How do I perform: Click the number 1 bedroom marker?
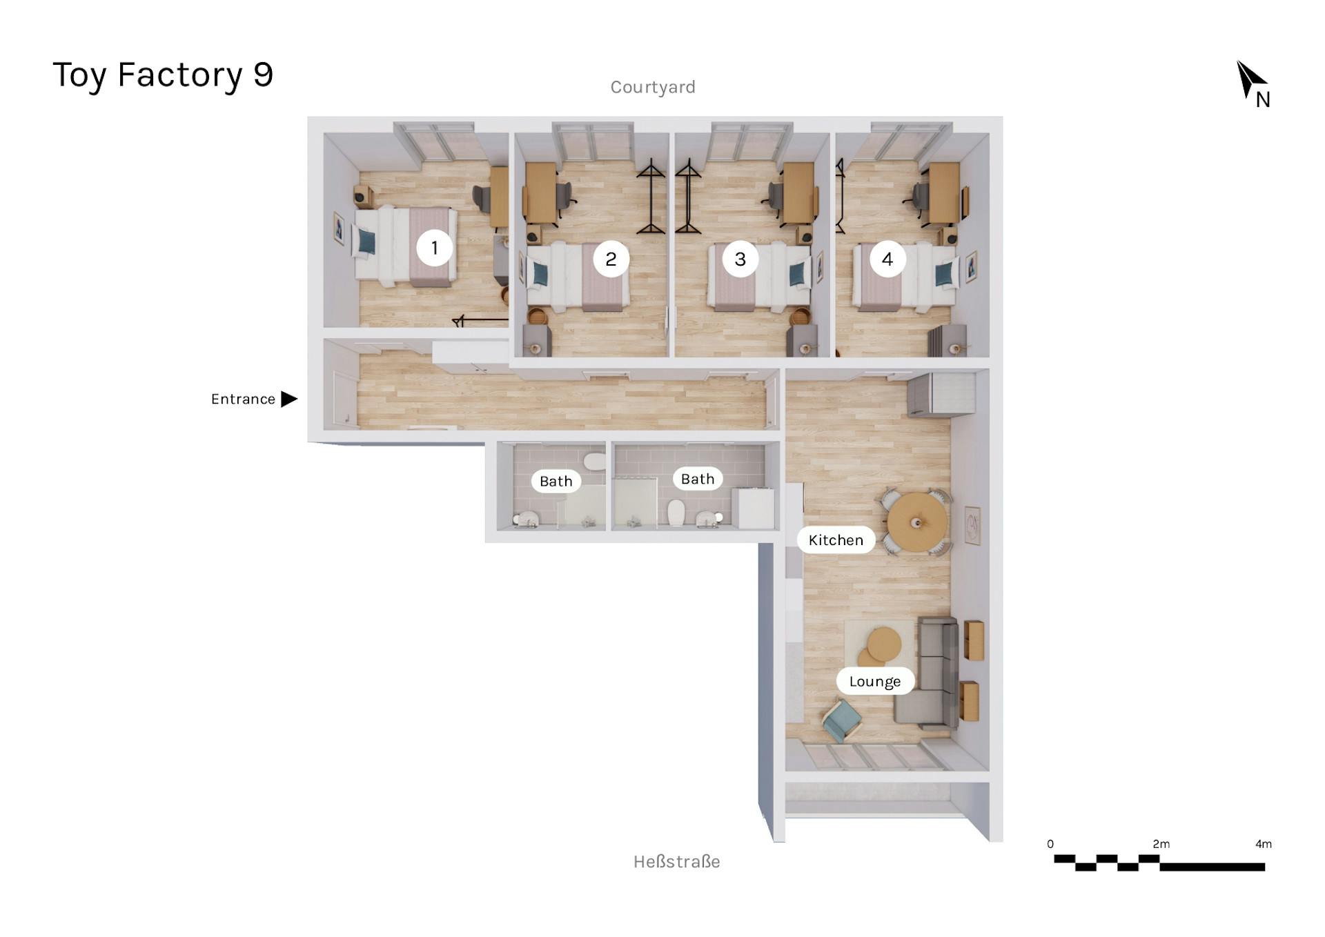pos(434,248)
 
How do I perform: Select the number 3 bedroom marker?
pos(740,259)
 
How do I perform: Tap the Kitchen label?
pos(836,540)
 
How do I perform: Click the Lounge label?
pos(874,682)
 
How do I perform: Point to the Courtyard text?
pos(652,88)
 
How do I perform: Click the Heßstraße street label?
pos(676,862)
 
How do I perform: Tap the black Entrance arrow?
pos(289,399)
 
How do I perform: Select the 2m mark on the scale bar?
pos(1161,845)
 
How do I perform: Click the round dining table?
pos(917,522)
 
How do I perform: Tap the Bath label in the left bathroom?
pos(556,482)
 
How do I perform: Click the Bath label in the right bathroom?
pos(697,479)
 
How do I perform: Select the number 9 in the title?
pos(263,75)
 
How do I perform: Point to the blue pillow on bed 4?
pos(943,275)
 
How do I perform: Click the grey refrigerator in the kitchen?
pos(941,394)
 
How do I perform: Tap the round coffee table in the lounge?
pos(883,644)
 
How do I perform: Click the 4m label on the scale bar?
pos(1263,845)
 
